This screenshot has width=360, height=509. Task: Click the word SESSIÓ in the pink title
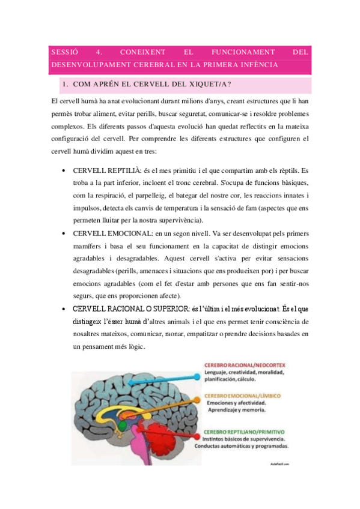(x=63, y=52)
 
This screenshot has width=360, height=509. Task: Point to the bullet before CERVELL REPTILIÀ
(x=64, y=171)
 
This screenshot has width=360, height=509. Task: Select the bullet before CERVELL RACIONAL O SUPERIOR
(x=64, y=309)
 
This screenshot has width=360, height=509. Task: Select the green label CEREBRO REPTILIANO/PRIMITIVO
(x=244, y=432)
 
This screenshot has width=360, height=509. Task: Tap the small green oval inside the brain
(x=122, y=426)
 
